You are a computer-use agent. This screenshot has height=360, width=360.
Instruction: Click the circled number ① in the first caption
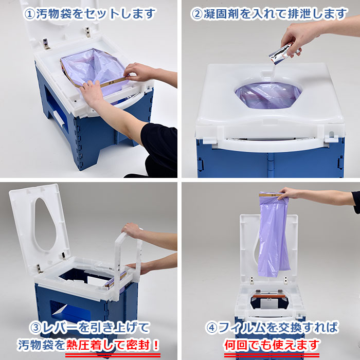[x=31, y=14]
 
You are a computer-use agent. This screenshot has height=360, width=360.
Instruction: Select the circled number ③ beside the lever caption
[x=38, y=327]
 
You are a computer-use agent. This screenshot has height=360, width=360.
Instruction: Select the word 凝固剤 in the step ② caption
[x=221, y=14]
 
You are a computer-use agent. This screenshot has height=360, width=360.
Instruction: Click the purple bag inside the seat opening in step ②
[x=267, y=98]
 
